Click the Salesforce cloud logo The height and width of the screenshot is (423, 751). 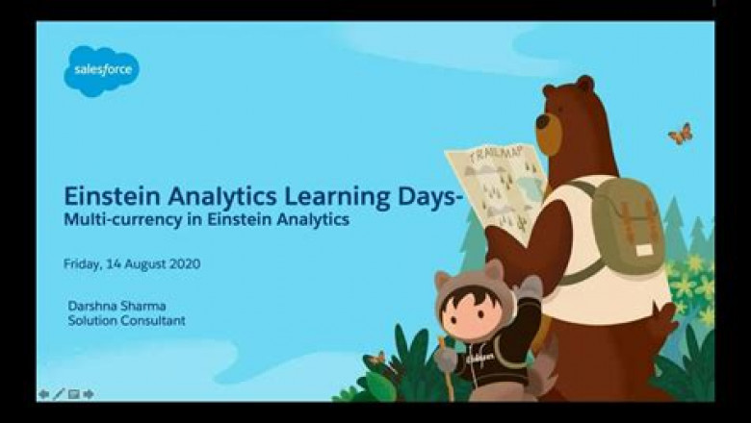click(x=101, y=70)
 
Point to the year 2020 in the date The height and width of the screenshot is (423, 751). click(x=183, y=263)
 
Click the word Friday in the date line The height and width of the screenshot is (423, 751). click(x=81, y=263)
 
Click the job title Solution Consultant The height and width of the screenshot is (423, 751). click(x=126, y=320)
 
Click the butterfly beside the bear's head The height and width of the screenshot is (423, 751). click(x=680, y=134)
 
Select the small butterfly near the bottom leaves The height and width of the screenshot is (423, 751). click(x=377, y=359)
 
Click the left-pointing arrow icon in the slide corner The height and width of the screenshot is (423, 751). click(x=43, y=394)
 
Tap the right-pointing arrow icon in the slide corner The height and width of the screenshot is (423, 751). click(x=89, y=394)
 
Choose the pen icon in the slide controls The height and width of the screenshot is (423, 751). click(x=59, y=394)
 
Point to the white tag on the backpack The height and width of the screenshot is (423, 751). click(x=644, y=249)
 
